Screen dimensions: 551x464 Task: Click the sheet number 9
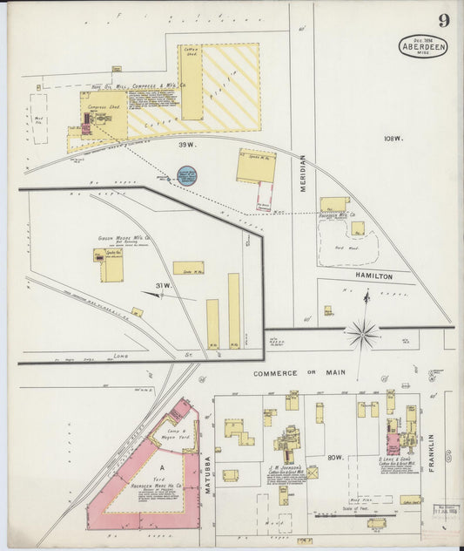point(444,21)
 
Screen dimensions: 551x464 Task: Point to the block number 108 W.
point(392,138)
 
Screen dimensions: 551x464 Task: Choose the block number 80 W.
point(334,458)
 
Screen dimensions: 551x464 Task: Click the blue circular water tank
point(186,175)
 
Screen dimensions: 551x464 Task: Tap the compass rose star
point(362,332)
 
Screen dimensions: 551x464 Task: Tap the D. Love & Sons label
point(394,459)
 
